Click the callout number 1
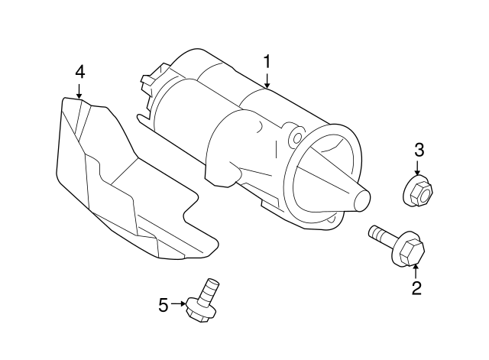pyautogui.click(x=267, y=60)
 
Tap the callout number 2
pyautogui.click(x=416, y=288)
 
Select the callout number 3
pyautogui.click(x=419, y=149)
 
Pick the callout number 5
pyautogui.click(x=163, y=305)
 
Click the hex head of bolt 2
pyautogui.click(x=410, y=250)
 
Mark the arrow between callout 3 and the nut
pyautogui.click(x=419, y=169)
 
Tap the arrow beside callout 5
pyautogui.click(x=179, y=304)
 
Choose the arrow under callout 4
pyautogui.click(x=79, y=90)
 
